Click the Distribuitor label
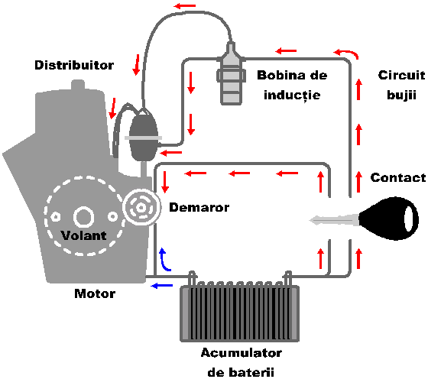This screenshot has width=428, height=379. [74, 65]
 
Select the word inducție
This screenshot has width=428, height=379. [292, 96]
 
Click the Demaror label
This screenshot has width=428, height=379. [199, 207]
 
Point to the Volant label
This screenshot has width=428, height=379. [83, 235]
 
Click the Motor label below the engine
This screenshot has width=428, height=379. [95, 293]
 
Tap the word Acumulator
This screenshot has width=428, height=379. [242, 353]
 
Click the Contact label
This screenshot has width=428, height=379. [398, 177]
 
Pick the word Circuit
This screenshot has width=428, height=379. [401, 75]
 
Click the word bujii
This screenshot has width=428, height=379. [401, 96]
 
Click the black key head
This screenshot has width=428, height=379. [388, 219]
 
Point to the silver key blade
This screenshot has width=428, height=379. [334, 220]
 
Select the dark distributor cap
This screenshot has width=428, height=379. [144, 135]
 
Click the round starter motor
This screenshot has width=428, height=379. [141, 208]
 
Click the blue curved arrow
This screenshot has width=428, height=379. [164, 260]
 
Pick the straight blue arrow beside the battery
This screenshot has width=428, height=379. [162, 286]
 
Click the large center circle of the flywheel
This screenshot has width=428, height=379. [83, 217]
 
